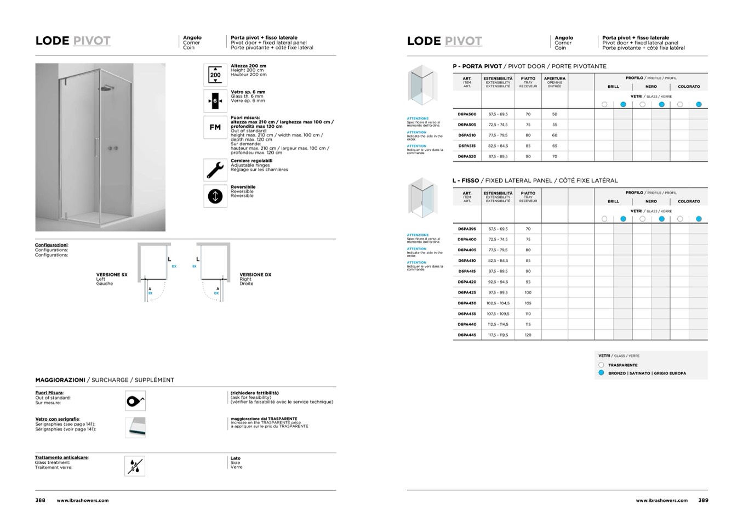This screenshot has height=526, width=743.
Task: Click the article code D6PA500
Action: tap(467, 114)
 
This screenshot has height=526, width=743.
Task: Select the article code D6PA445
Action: tap(467, 335)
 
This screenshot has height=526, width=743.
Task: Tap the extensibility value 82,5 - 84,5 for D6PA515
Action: tap(498, 146)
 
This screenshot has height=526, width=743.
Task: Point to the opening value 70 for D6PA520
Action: tap(555, 156)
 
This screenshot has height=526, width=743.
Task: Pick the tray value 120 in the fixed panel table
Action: tap(528, 335)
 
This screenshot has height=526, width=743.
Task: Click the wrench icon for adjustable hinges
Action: tap(215, 169)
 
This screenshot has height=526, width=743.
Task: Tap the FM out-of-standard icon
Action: tap(215, 127)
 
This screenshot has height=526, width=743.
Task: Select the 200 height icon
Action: tap(215, 75)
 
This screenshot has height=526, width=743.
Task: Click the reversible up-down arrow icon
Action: tap(215, 196)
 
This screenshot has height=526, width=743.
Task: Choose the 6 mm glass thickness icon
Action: tap(215, 101)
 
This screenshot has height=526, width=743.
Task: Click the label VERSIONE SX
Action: tap(112, 275)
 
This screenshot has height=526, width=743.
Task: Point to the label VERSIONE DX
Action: tap(255, 275)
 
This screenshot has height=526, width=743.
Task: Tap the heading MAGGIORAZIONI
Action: tap(60, 380)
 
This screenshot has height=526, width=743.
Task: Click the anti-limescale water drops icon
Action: tap(135, 466)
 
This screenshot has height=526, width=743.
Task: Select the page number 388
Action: tap(41, 500)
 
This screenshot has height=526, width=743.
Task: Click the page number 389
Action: tap(703, 500)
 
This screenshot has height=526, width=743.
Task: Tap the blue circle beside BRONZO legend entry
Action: tap(601, 373)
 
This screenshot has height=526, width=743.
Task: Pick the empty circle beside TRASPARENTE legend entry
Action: tap(601, 365)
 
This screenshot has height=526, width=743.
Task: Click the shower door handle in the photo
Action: tap(97, 148)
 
